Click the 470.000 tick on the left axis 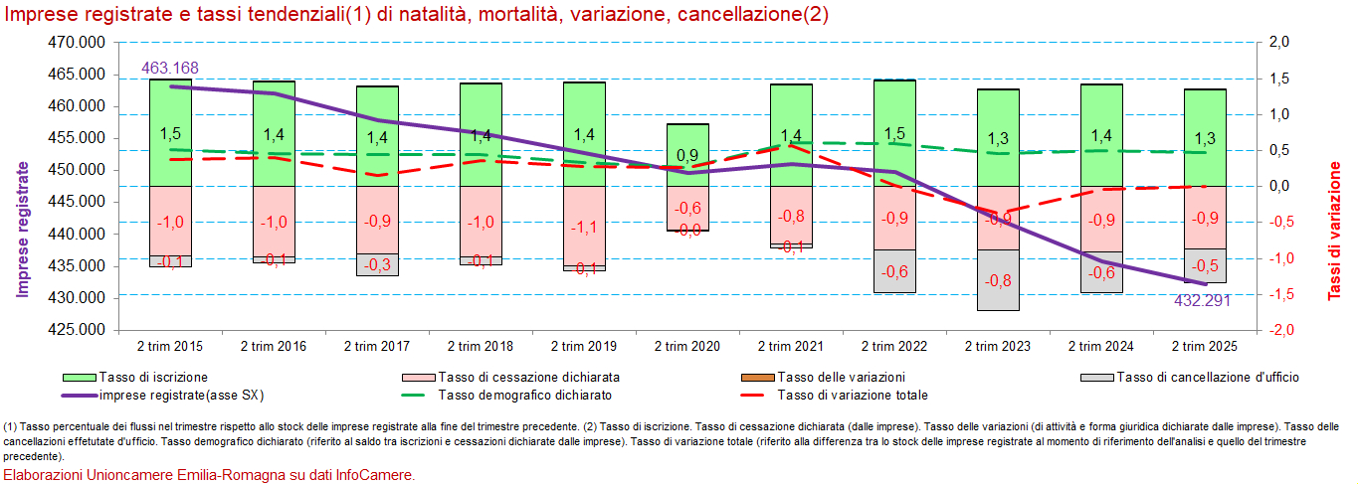(76, 43)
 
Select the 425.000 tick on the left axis (76, 330)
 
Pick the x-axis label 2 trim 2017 (377, 346)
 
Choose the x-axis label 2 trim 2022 (894, 346)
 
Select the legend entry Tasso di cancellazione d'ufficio (1207, 377)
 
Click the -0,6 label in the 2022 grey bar (894, 271)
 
